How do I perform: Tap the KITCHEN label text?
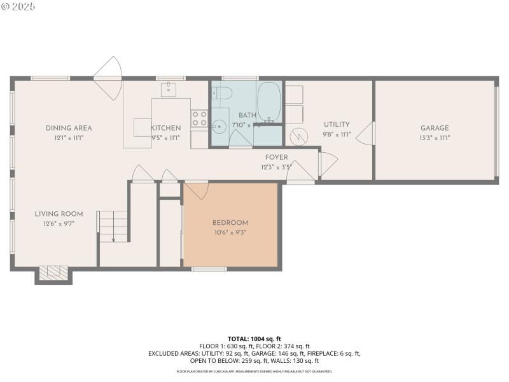(165, 128)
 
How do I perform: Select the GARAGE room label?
(434, 128)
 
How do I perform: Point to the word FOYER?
(277, 157)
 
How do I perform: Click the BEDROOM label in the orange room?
(230, 222)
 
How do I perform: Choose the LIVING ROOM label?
(59, 214)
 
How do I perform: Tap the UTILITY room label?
(337, 125)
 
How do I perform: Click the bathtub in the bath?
(269, 101)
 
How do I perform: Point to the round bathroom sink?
(220, 126)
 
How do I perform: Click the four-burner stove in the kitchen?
(199, 118)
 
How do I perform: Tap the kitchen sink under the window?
(169, 90)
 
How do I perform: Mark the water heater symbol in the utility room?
(298, 137)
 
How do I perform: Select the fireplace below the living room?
(53, 273)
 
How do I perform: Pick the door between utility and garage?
(366, 134)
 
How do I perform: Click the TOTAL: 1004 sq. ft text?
(254, 339)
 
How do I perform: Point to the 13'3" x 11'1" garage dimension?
(434, 138)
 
